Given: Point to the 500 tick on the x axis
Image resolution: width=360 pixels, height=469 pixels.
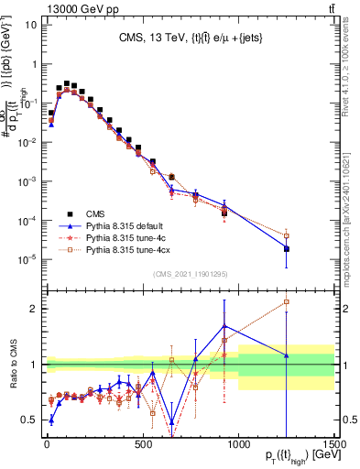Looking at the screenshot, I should pos(142,446).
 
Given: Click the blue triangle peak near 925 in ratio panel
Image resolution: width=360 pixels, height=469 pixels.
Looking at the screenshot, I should pos(224,326).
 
